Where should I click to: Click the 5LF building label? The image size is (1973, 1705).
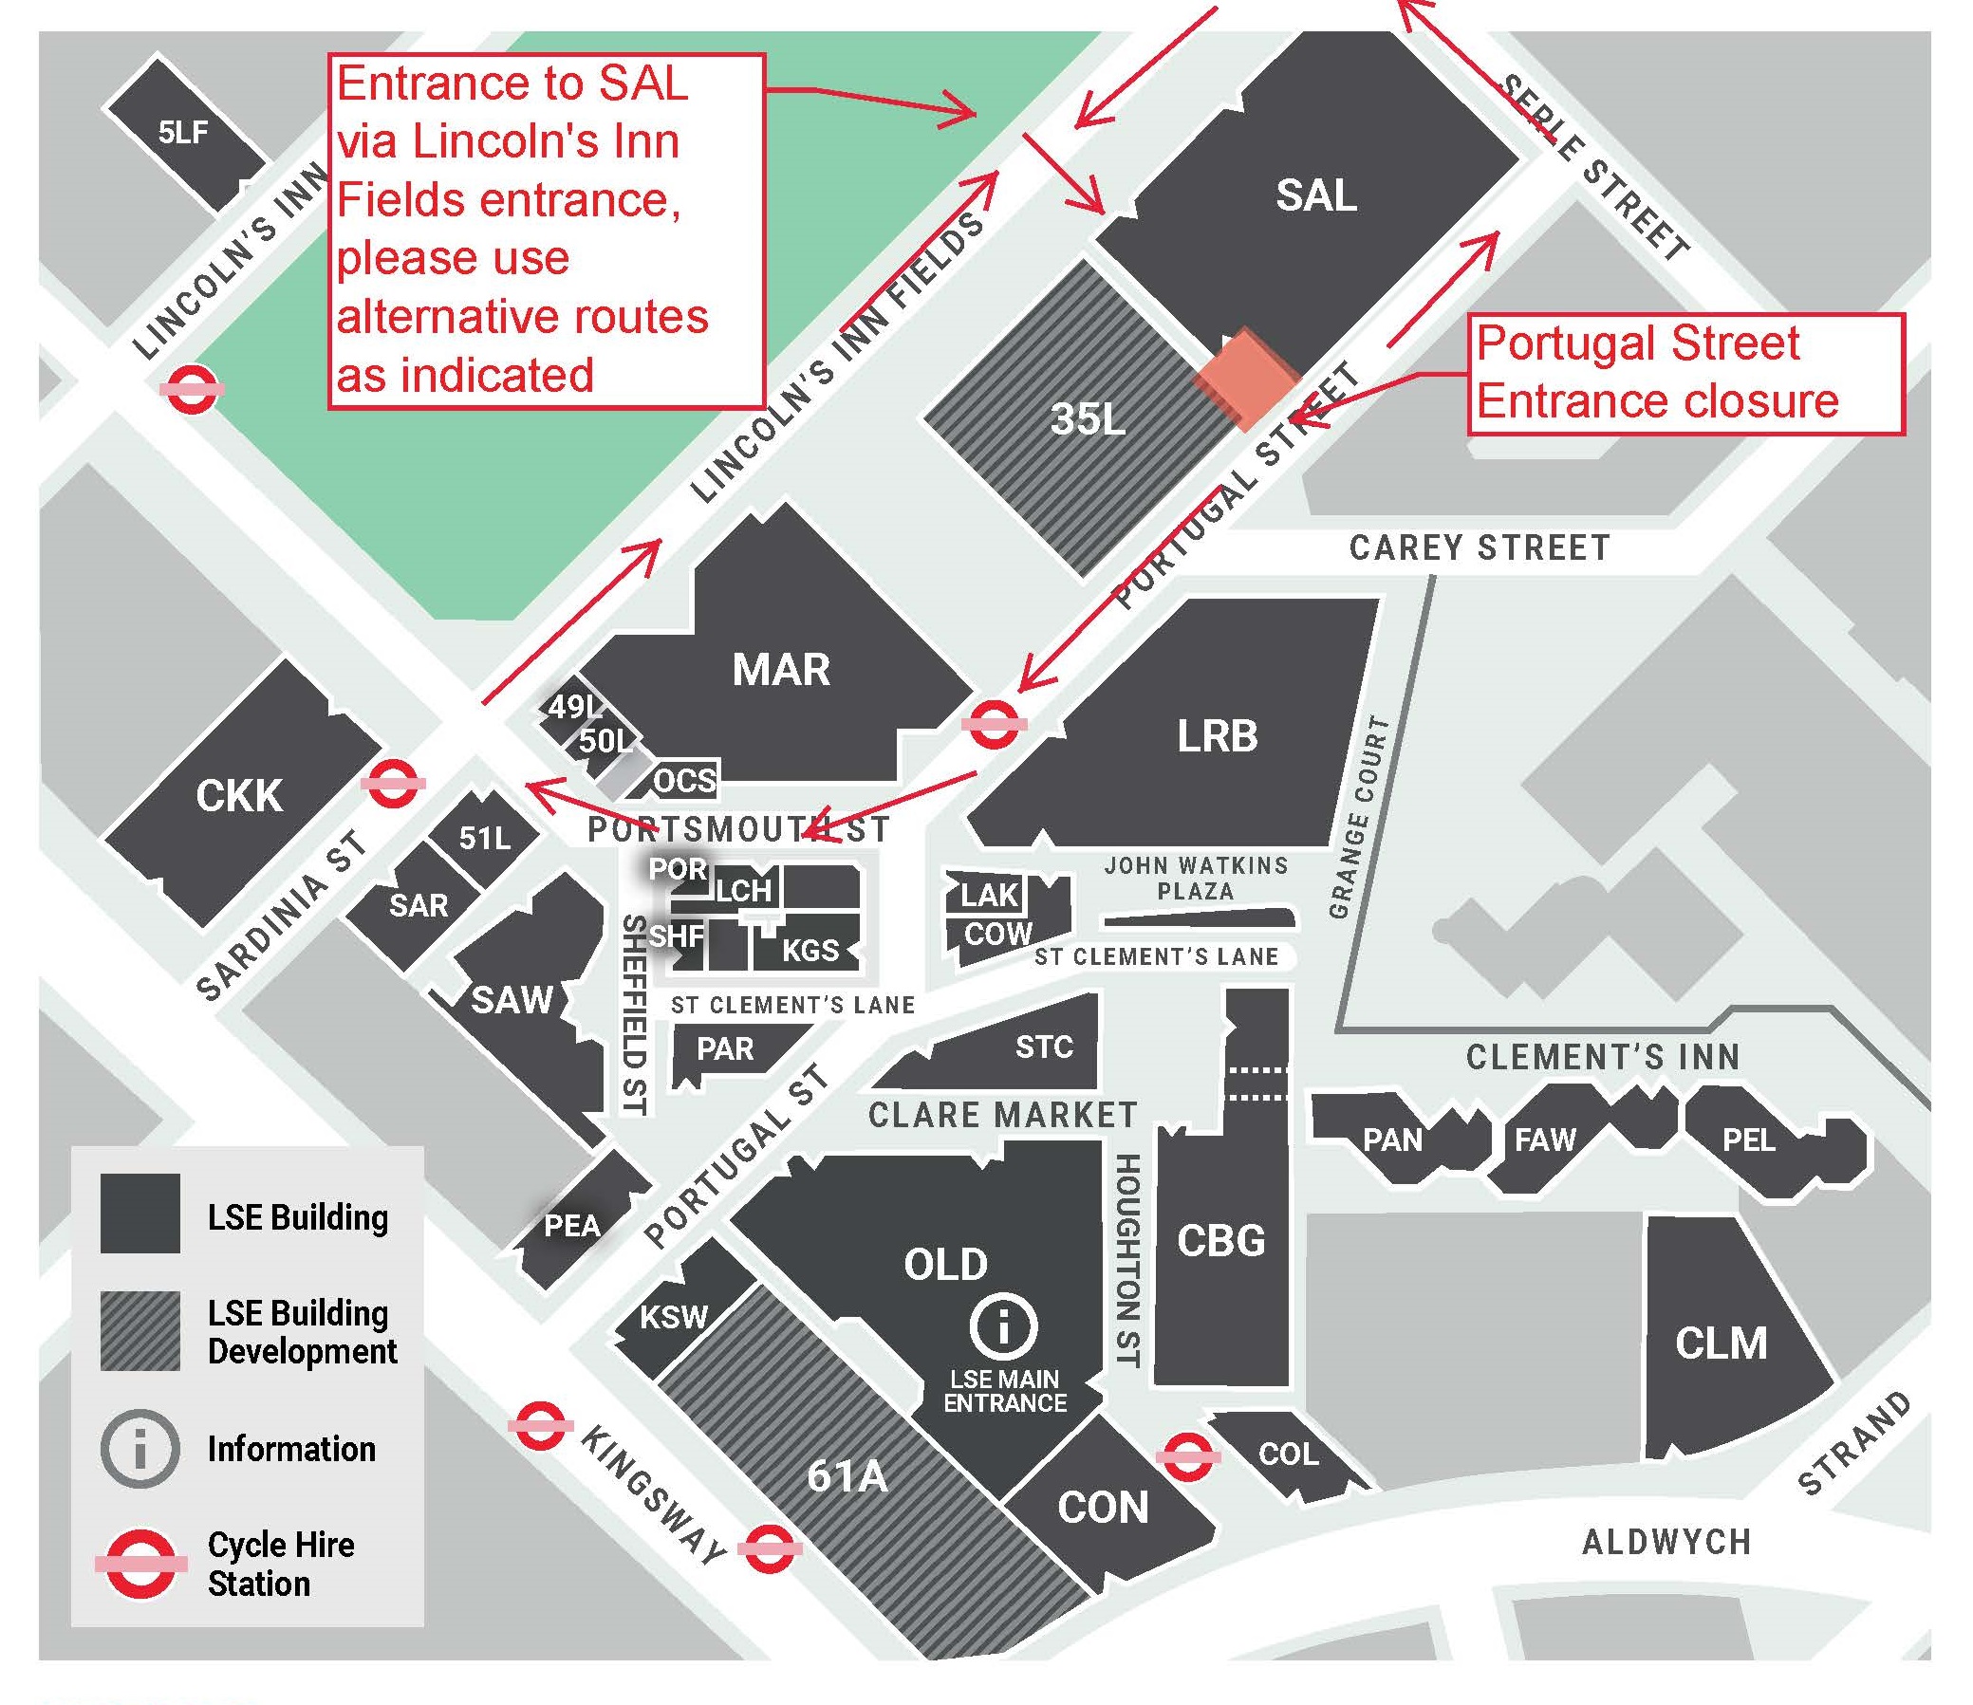[x=183, y=131]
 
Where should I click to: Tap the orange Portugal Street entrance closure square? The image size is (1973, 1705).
[x=1247, y=380]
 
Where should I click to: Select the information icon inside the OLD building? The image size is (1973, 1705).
[x=1004, y=1325]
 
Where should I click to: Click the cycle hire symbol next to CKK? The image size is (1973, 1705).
[x=392, y=783]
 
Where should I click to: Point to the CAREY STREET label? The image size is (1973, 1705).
[x=1479, y=548]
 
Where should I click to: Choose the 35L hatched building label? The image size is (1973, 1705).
[x=1088, y=417]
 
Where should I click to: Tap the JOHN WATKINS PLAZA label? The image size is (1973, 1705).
[x=1196, y=878]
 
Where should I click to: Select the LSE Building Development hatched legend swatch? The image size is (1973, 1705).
[x=140, y=1331]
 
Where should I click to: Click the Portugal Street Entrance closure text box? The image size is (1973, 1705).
[x=1685, y=373]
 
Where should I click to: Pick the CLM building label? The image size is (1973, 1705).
[x=1721, y=1344]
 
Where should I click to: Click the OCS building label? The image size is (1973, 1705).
[x=684, y=781]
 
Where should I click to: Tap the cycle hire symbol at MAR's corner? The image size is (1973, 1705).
[x=994, y=725]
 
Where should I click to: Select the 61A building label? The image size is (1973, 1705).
[x=847, y=1475]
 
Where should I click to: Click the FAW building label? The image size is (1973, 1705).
[x=1544, y=1140]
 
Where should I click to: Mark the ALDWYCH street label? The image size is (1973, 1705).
[x=1666, y=1541]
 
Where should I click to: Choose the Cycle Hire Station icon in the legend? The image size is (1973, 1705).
[x=140, y=1564]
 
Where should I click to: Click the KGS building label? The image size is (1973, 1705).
[x=810, y=950]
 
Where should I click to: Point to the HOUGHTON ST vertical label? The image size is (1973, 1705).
[x=1126, y=1260]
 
